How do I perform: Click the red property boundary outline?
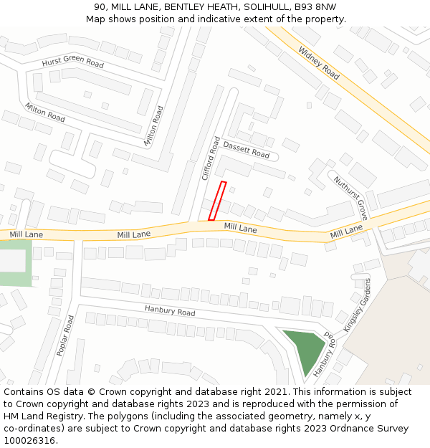tap(217, 201)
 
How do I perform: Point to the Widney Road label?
tap(319, 63)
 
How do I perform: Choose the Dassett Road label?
tap(246, 150)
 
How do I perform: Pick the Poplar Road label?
tap(65, 335)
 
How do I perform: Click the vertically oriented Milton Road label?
tap(153, 126)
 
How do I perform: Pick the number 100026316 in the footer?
tap(29, 441)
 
